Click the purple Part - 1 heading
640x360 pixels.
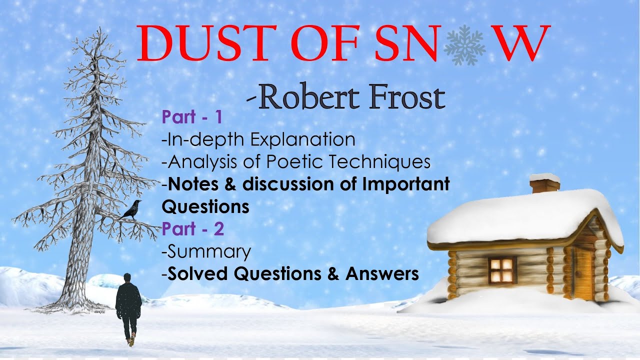coord(191,117)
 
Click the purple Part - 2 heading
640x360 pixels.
coord(192,229)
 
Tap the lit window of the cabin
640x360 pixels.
coord(502,269)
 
